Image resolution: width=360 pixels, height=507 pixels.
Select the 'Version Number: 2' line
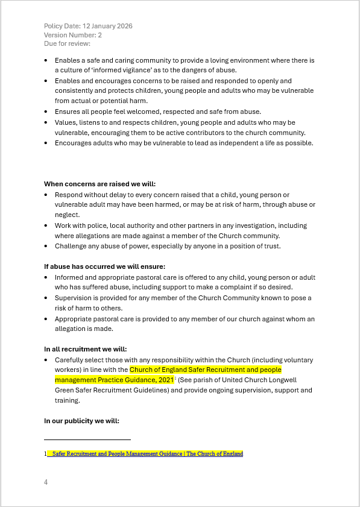(x=73, y=35)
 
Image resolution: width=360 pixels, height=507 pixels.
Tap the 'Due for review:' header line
(x=67, y=43)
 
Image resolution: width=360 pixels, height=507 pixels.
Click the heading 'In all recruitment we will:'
(x=85, y=349)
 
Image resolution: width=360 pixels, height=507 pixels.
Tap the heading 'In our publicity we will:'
(x=81, y=421)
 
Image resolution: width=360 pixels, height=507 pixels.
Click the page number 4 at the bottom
(x=46, y=482)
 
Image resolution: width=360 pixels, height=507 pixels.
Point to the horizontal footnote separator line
(x=87, y=440)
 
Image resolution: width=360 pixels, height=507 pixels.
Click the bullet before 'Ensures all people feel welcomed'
(x=47, y=112)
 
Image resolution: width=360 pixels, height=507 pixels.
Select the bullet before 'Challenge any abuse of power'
(x=47, y=247)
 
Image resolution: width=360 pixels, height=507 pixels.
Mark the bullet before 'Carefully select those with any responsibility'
(x=47, y=360)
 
